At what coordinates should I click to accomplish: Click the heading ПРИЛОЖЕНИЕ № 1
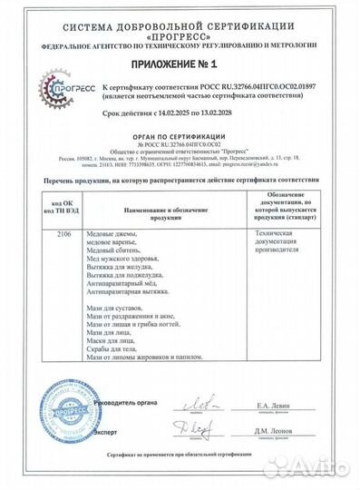[180, 65]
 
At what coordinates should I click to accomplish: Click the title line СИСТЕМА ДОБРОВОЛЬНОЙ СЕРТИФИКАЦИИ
[180, 15]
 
